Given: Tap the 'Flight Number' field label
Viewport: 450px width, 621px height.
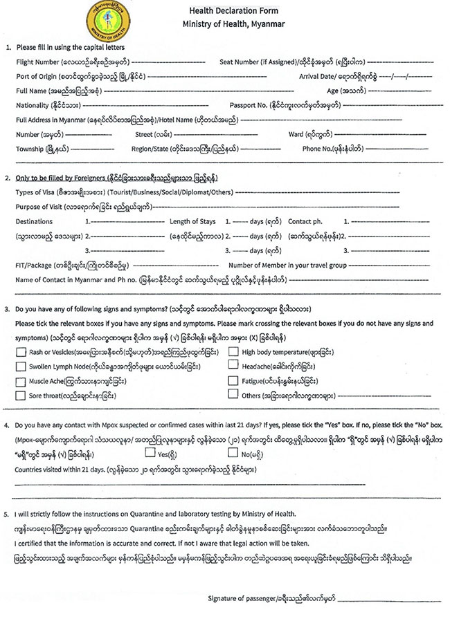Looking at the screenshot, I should point(37,62).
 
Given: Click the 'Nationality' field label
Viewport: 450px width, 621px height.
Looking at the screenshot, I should point(32,105).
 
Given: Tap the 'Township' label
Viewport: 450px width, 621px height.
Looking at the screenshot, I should point(30,149).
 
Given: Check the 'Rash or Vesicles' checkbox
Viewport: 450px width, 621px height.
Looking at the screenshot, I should point(20,352).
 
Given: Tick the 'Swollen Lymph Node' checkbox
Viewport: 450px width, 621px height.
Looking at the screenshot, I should point(20,367).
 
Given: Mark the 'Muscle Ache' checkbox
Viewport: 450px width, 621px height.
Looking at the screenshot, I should point(20,381).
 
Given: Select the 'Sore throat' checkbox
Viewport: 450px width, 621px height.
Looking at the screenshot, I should point(20,396).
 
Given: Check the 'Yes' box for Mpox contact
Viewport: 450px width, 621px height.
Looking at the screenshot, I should point(150,454).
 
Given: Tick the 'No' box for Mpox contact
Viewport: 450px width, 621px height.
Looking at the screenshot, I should point(233,454).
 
